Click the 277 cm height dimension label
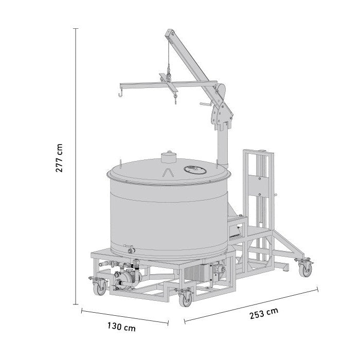click(59, 158)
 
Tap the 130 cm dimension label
click(121, 327)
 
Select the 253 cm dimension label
click(264, 313)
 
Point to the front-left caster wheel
click(100, 289)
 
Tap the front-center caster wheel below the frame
click(185, 300)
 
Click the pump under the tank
click(126, 278)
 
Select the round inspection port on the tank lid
click(195, 170)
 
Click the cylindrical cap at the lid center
click(169, 157)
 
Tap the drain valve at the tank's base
click(130, 249)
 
